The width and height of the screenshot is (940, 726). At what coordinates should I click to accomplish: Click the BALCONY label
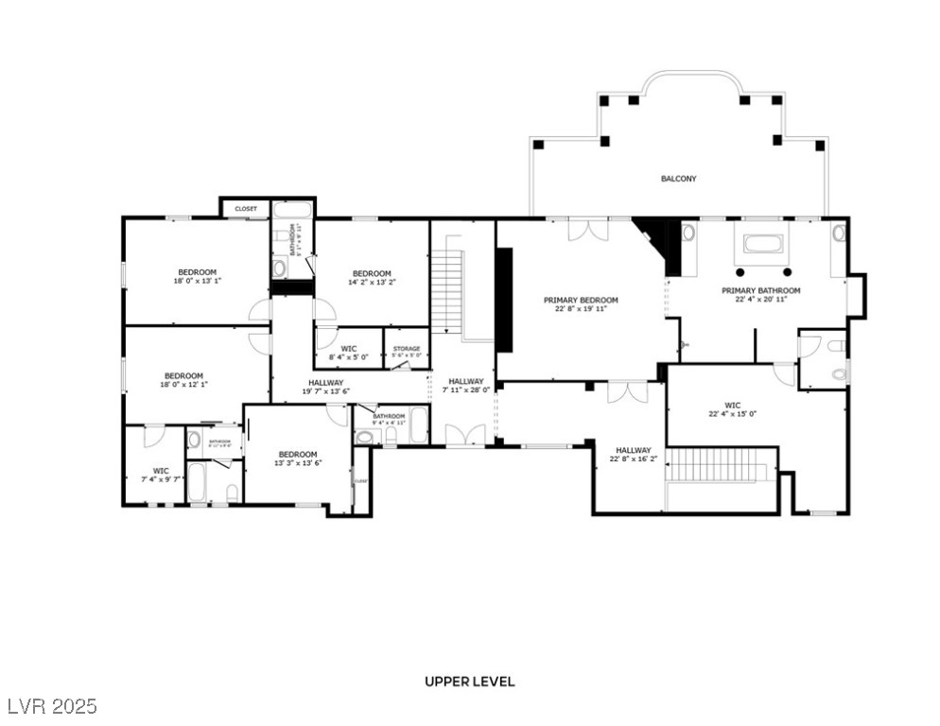coord(678,178)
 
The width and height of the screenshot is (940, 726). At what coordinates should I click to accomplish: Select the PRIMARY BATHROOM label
coord(760,295)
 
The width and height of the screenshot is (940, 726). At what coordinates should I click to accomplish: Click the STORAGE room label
coord(407,352)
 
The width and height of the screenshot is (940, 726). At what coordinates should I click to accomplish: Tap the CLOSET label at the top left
coord(246,209)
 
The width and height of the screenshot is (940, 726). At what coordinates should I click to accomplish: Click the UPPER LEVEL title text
coord(469,682)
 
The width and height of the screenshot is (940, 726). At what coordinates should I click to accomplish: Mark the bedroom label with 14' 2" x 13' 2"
coord(372,277)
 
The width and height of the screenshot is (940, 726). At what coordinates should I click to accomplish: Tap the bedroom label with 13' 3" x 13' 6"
coord(298,458)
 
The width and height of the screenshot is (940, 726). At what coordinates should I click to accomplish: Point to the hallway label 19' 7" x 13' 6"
coord(325,387)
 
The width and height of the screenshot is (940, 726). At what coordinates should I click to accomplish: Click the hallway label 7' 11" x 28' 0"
coord(466,386)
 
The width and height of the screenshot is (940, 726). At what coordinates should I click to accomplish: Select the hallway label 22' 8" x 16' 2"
coord(633,455)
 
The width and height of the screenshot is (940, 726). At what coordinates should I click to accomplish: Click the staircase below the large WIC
coord(721,464)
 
